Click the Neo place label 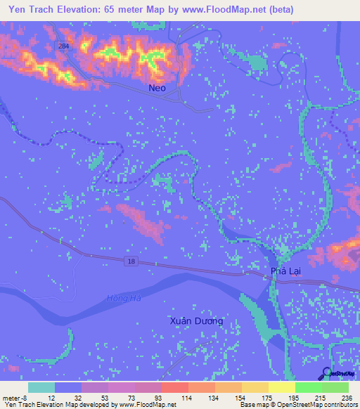[158, 89]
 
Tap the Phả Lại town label [285, 271]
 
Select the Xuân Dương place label [197, 321]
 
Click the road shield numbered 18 [131, 261]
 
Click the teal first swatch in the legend [41, 387]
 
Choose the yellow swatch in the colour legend [281, 387]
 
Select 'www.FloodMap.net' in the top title [221, 9]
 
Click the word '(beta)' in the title [280, 9]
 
